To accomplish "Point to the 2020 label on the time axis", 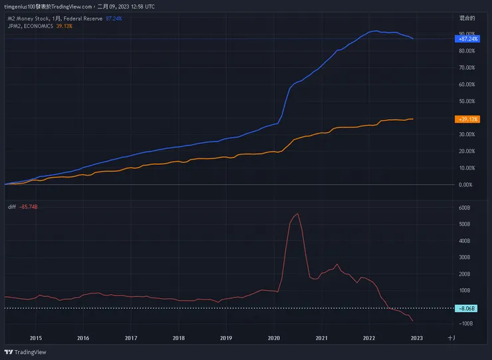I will (273, 338).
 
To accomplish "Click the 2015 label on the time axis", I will (35, 338).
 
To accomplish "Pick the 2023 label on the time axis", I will (416, 338).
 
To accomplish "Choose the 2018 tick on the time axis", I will (178, 338).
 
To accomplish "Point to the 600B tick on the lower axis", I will (465, 207).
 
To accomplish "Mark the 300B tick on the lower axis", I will (465, 257).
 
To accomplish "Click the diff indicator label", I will (11, 207).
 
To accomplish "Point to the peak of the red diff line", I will (297, 213).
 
